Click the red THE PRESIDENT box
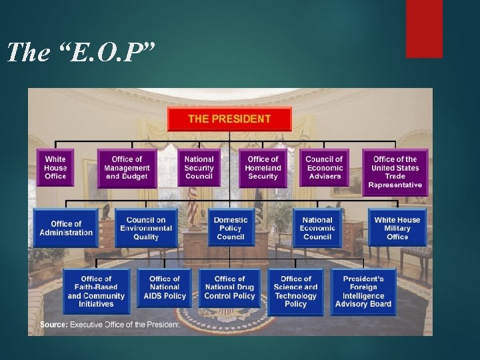(229, 119)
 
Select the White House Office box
(55, 167)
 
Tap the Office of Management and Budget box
(127, 167)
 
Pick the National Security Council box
(199, 167)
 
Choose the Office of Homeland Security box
(262, 167)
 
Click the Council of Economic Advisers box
(324, 167)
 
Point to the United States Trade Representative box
(395, 171)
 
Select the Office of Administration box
(66, 228)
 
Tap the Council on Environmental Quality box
(146, 228)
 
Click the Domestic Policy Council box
(231, 228)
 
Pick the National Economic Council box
(317, 228)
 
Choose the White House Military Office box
(397, 228)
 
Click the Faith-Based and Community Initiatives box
(96, 291)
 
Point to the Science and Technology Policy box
(295, 291)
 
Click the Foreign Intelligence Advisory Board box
(363, 291)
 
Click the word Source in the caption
(54, 325)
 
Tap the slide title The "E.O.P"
(81, 52)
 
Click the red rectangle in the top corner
(424, 28)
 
